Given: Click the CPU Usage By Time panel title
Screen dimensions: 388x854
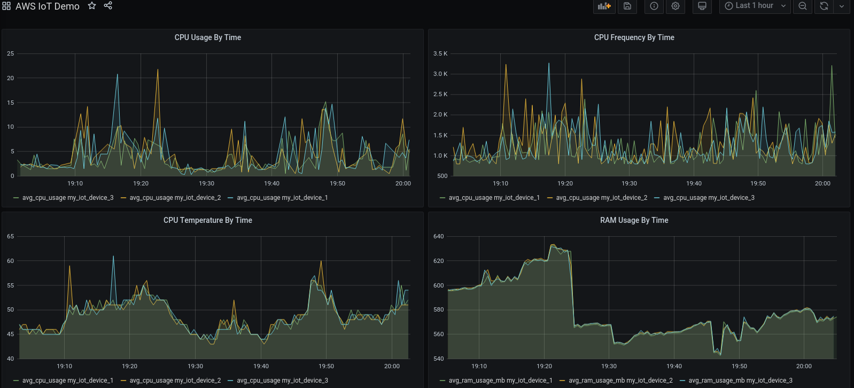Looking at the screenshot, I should coord(207,37).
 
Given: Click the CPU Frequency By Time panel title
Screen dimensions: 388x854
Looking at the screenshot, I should coord(634,37).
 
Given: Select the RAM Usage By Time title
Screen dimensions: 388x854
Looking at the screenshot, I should coord(634,220).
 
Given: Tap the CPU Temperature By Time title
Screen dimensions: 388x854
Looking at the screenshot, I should coord(207,220).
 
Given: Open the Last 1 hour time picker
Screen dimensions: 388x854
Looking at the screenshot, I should coord(754,6).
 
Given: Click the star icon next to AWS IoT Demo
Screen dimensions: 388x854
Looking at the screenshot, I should coord(92,6).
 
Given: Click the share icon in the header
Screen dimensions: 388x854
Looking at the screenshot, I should coord(108,6).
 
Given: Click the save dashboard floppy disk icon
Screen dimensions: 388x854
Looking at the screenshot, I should coord(627,6).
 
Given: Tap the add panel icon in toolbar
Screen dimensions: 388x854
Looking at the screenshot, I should coord(604,6).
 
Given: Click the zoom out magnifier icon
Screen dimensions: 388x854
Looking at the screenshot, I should coord(803,6).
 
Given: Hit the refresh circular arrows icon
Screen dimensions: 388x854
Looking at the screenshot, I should coord(824,6).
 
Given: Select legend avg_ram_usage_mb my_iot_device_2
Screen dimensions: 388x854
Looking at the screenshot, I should coord(620,381).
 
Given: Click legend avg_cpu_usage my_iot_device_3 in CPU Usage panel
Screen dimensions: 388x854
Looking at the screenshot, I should coord(67,198).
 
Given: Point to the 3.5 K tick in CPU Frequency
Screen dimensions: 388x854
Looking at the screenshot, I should coord(440,53).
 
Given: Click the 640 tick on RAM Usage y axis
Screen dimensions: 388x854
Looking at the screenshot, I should coord(438,236).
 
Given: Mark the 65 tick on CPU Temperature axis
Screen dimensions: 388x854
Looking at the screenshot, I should coord(11,236).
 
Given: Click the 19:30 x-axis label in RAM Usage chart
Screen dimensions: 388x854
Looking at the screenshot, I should coord(609,366).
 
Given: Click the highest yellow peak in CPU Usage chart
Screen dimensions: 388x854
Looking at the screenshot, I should coord(158,70).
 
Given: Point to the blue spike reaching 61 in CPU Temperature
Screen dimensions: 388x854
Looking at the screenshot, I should coord(113,257).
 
